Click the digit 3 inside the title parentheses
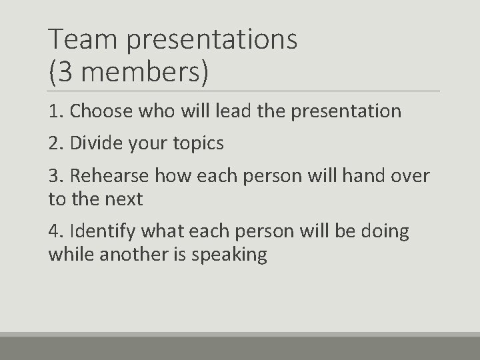(65, 72)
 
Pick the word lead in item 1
(232, 111)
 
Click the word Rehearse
(110, 176)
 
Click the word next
(124, 198)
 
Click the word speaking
(230, 255)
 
